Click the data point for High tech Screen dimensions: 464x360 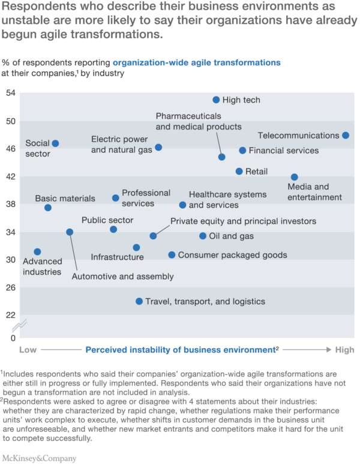coord(216,100)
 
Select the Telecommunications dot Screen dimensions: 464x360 coord(346,135)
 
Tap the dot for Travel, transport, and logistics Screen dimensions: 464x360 coord(139,302)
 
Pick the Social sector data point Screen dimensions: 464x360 coord(56,143)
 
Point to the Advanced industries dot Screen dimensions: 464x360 coord(37,252)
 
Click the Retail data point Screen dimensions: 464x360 coord(239,171)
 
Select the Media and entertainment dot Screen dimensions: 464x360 coord(295,177)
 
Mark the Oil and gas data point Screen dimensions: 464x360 coord(203,236)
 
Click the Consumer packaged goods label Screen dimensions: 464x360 coord(232,255)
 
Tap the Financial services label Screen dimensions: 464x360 coord(283,150)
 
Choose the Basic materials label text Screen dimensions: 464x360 coord(65,198)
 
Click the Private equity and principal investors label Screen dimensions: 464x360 coord(243,221)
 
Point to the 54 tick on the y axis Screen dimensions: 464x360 coord(10,94)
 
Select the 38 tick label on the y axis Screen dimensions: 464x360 coord(10,204)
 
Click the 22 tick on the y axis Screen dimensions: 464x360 coord(10,315)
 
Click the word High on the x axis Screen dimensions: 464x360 coord(344,349)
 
